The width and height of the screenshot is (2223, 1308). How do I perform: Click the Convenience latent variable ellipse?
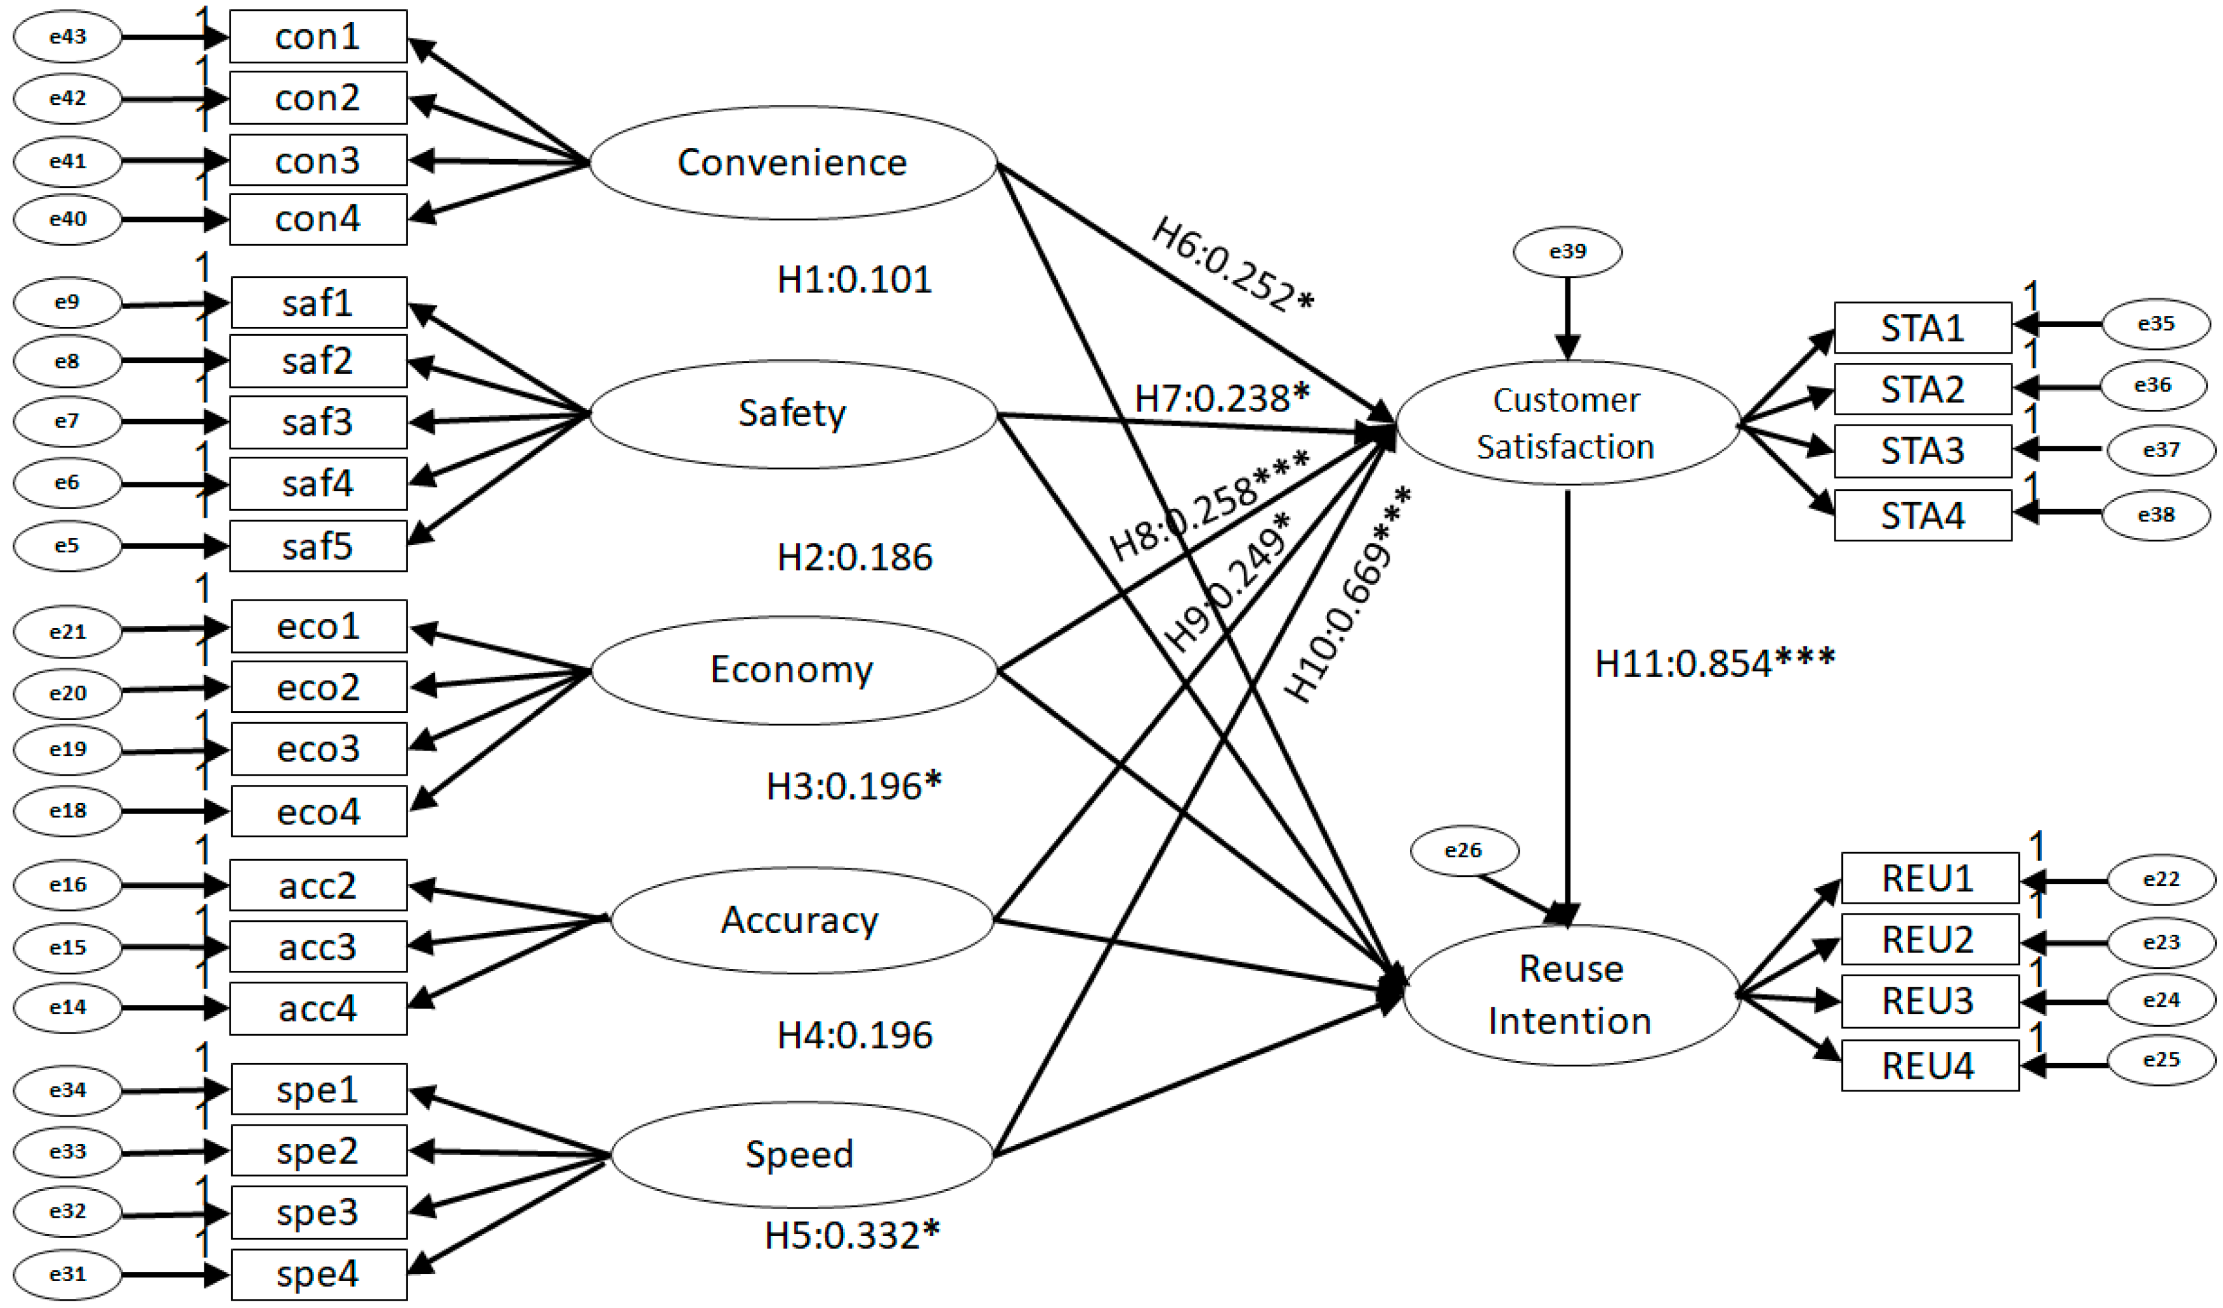[792, 162]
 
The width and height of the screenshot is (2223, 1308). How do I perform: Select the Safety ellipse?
[792, 413]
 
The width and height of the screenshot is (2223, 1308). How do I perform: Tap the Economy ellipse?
[792, 670]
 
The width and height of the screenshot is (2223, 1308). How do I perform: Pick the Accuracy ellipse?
[801, 920]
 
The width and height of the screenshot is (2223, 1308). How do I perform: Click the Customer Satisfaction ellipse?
[1567, 423]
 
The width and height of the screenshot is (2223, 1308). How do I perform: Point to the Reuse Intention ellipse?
[1570, 995]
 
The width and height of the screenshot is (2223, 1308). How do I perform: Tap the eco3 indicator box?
[318, 749]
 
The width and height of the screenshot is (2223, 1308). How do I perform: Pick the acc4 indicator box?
[318, 1008]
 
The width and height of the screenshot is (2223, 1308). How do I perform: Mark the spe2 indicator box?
[318, 1151]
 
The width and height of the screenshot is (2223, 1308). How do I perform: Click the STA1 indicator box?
[1922, 328]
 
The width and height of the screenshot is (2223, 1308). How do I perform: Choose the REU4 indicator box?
[1928, 1065]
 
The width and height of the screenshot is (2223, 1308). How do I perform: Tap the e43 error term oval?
[67, 37]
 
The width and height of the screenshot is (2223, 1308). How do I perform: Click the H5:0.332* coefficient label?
[852, 1235]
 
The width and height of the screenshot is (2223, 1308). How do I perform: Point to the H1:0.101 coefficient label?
[854, 280]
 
